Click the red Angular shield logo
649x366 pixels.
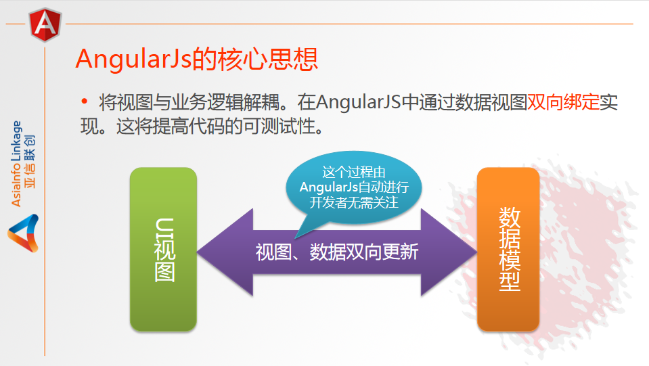(45, 24)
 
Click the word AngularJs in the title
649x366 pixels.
(134, 59)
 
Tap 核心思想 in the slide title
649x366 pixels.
(255, 58)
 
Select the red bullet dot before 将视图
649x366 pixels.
(85, 101)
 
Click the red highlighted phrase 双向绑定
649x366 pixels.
(563, 101)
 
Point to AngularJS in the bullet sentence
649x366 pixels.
(359, 102)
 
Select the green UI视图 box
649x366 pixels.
(163, 249)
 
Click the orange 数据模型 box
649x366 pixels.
(508, 249)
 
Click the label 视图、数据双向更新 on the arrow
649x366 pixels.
(337, 252)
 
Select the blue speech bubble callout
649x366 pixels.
(354, 188)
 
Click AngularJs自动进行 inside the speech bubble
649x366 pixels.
(355, 187)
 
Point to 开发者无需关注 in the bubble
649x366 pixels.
(354, 203)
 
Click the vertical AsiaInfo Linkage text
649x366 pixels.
(16, 164)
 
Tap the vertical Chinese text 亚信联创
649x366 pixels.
(30, 162)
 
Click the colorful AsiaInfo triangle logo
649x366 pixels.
(23, 233)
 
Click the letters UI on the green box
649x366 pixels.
(164, 228)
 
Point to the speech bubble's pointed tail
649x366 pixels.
(296, 237)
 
